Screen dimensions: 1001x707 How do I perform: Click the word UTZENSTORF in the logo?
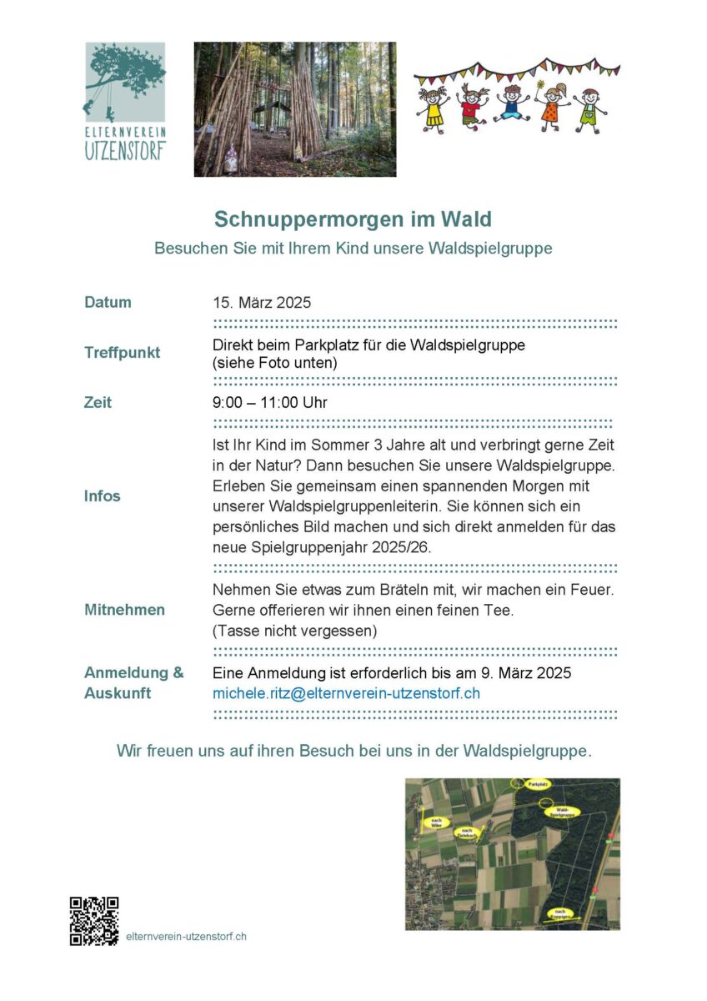click(x=124, y=151)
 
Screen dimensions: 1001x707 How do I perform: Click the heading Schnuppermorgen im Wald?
click(x=353, y=219)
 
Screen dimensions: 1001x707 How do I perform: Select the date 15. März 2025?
click(x=262, y=302)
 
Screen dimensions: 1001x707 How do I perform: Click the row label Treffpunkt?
click(x=122, y=352)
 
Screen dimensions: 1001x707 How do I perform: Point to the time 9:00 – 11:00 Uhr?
click(x=270, y=403)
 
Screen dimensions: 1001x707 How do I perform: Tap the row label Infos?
click(x=102, y=495)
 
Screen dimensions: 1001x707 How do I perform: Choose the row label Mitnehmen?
click(x=124, y=610)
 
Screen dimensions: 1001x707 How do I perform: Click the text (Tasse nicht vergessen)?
click(x=295, y=631)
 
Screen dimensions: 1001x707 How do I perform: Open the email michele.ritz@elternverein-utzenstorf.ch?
click(x=346, y=693)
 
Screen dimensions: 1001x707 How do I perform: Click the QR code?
click(x=93, y=921)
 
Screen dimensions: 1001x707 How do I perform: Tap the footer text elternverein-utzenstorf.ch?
click(x=186, y=936)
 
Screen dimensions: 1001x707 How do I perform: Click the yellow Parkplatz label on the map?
click(x=537, y=785)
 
